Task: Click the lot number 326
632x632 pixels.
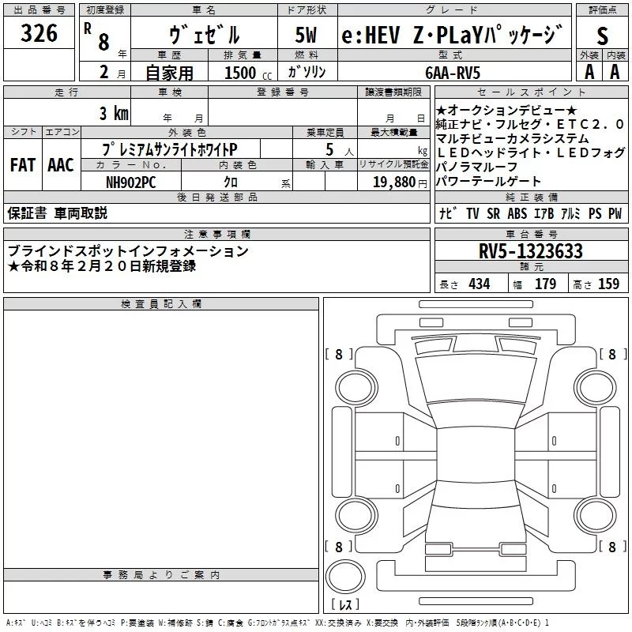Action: pyautogui.click(x=39, y=34)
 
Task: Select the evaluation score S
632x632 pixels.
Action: pyautogui.click(x=603, y=36)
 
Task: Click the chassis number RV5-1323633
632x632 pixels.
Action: pyautogui.click(x=531, y=251)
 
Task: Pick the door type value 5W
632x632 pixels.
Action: pyautogui.click(x=307, y=36)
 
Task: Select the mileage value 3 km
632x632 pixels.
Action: pyautogui.click(x=114, y=112)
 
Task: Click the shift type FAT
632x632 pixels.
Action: pyautogui.click(x=22, y=165)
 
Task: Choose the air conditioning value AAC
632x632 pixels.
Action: pyautogui.click(x=61, y=165)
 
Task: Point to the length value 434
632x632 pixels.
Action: pyautogui.click(x=479, y=284)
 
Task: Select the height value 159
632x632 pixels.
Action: pyautogui.click(x=608, y=284)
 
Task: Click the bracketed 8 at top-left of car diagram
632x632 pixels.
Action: pyautogui.click(x=339, y=355)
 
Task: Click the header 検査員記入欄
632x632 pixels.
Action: pyautogui.click(x=161, y=304)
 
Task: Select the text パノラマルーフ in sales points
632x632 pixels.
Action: pyautogui.click(x=476, y=167)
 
